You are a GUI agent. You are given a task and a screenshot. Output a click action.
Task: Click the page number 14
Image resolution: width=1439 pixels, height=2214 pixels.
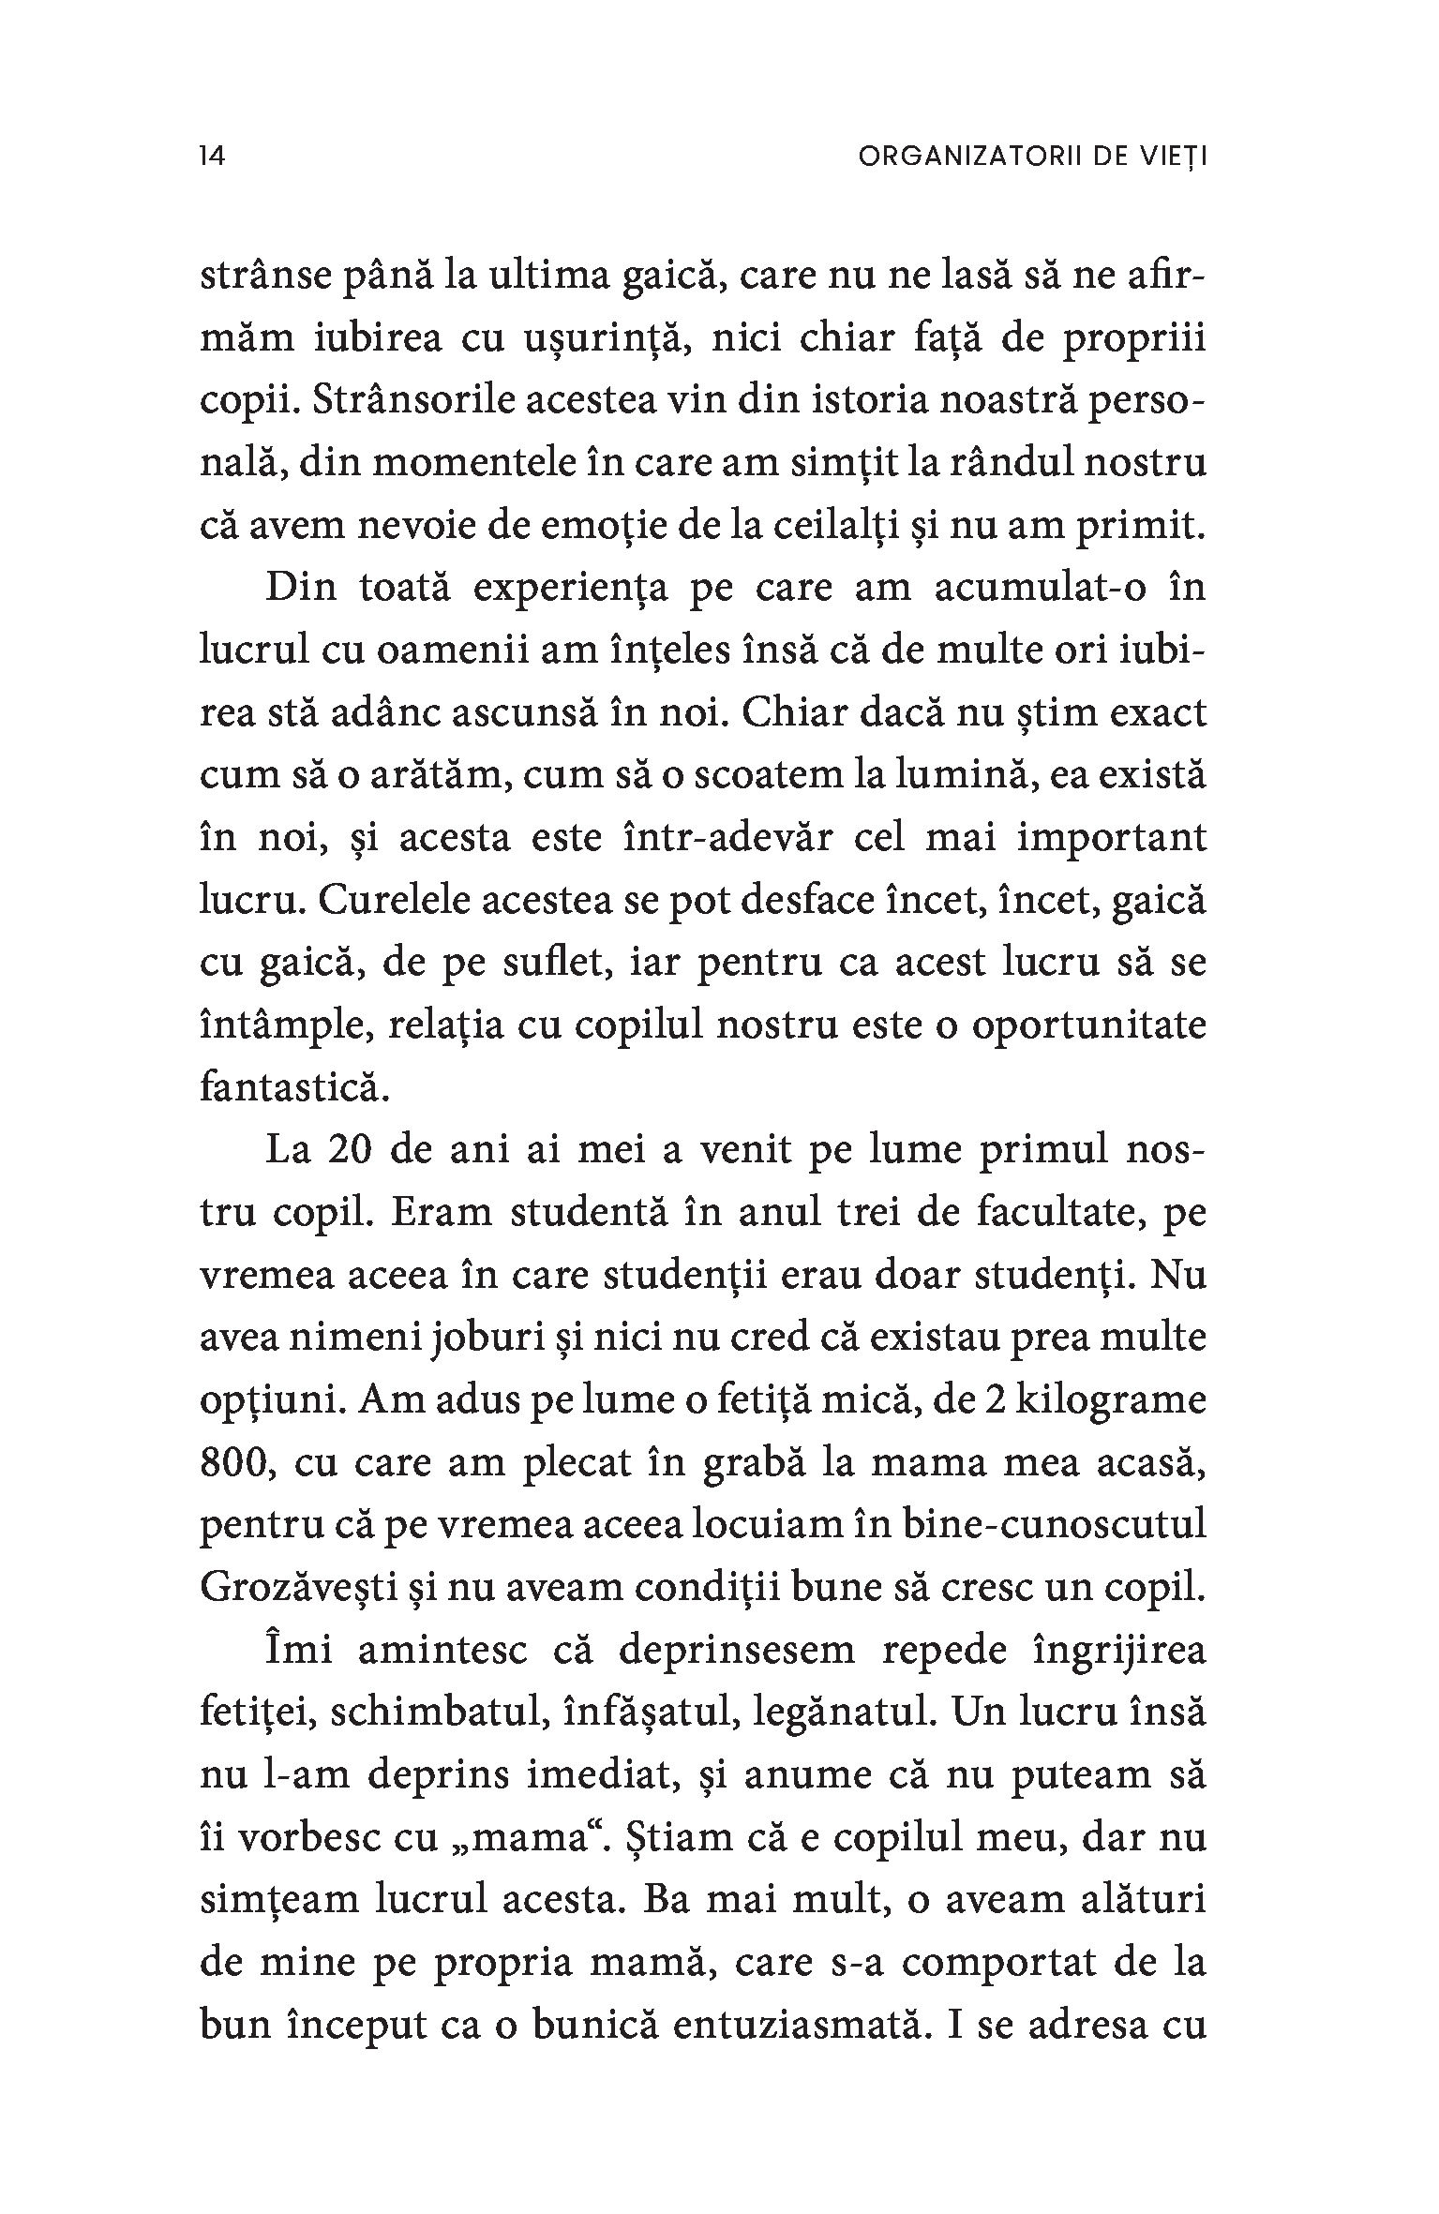tap(213, 157)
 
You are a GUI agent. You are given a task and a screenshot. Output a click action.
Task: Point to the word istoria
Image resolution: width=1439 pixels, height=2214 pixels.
tap(845, 400)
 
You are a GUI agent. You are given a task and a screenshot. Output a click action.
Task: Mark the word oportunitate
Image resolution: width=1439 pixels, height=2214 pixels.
tap(1087, 1025)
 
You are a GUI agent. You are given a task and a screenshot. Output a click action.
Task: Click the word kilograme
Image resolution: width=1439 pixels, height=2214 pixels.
tap(1102, 1400)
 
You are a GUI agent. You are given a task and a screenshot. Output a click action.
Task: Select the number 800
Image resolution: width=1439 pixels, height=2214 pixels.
tap(233, 1463)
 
